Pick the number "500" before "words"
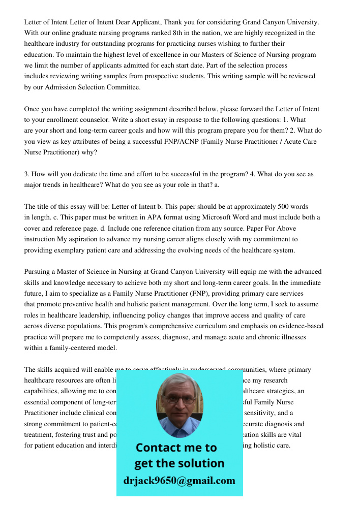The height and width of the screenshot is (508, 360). click(x=263, y=207)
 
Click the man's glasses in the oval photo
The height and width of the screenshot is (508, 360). click(x=179, y=400)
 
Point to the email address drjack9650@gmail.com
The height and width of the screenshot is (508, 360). click(x=179, y=481)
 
